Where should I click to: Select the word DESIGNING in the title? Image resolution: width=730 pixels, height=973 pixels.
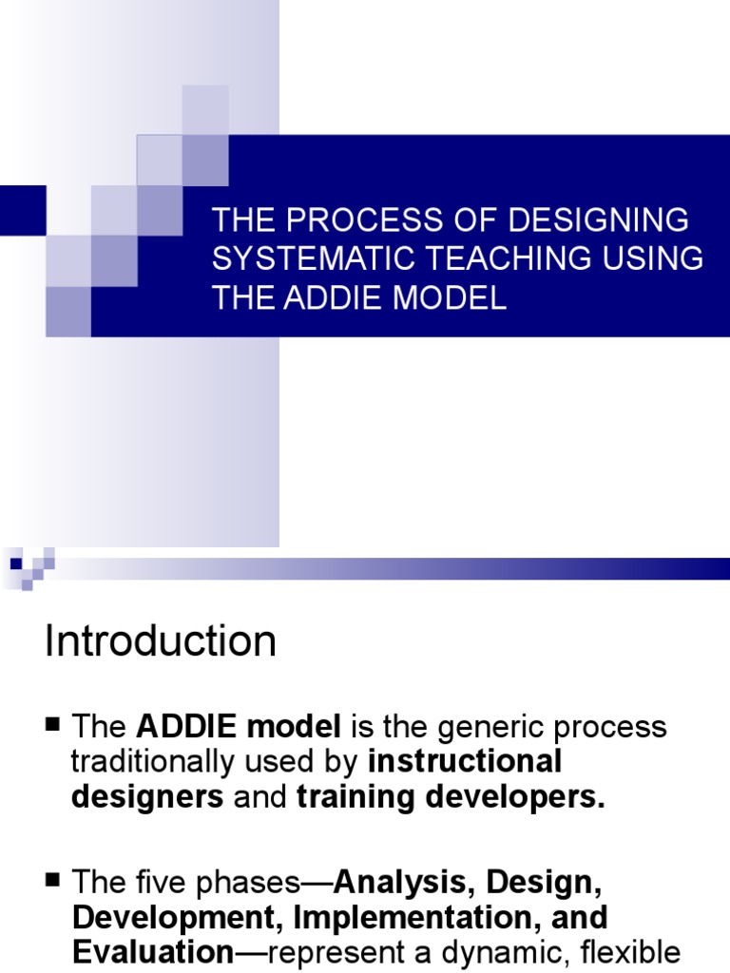pyautogui.click(x=599, y=219)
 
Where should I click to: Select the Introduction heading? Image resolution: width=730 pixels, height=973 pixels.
pyautogui.click(x=160, y=641)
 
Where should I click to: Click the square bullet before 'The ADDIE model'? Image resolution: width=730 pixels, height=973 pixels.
pyautogui.click(x=53, y=725)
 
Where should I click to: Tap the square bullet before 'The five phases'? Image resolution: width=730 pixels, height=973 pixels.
pyautogui.click(x=53, y=881)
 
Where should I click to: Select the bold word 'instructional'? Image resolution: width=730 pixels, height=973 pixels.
pyautogui.click(x=465, y=762)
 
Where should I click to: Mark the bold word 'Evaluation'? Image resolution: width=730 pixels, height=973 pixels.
pyautogui.click(x=152, y=952)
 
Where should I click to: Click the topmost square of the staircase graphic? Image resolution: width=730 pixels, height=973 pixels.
pyautogui.click(x=205, y=109)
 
